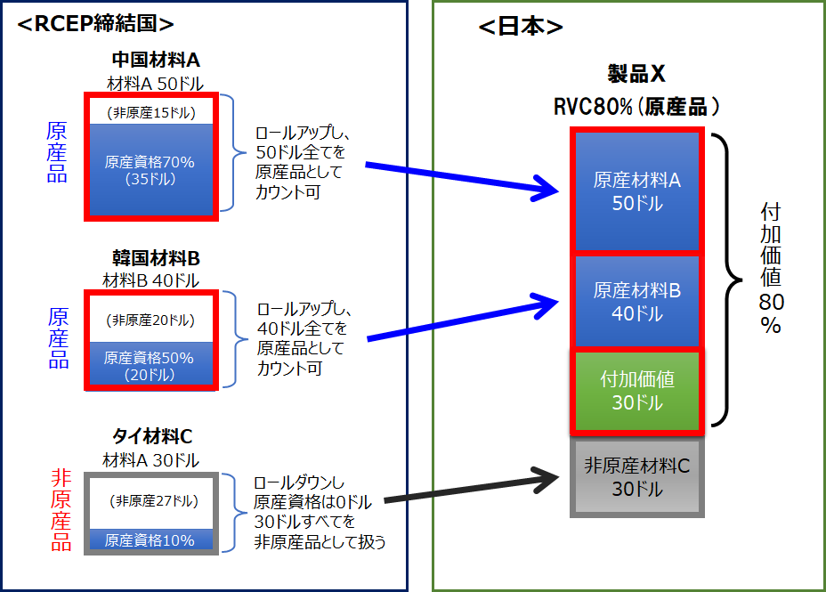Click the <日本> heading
pyautogui.click(x=521, y=27)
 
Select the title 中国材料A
pyautogui.click(x=156, y=61)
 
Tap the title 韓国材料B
pyautogui.click(x=156, y=259)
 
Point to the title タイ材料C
pyautogui.click(x=152, y=437)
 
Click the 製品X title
pyautogui.click(x=636, y=74)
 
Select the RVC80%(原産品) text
pyautogui.click(x=636, y=107)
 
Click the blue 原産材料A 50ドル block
pyautogui.click(x=637, y=191)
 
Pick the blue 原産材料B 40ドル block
pyautogui.click(x=637, y=302)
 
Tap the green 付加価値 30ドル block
pyautogui.click(x=637, y=390)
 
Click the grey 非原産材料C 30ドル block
pyautogui.click(x=637, y=477)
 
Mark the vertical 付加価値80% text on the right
pyautogui.click(x=771, y=267)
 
